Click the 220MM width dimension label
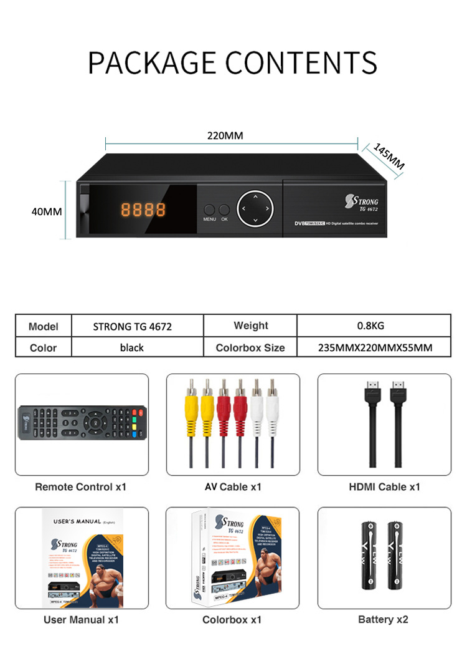tap(225, 135)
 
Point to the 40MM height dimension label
tap(47, 211)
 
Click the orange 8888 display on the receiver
tap(143, 210)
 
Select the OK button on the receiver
tap(224, 210)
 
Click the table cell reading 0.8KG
tap(374, 326)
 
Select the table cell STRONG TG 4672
tap(132, 326)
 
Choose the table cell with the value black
tap(132, 348)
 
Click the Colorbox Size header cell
tap(250, 348)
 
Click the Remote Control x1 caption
tap(80, 486)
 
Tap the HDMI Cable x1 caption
tap(384, 486)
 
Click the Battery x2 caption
tap(384, 619)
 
